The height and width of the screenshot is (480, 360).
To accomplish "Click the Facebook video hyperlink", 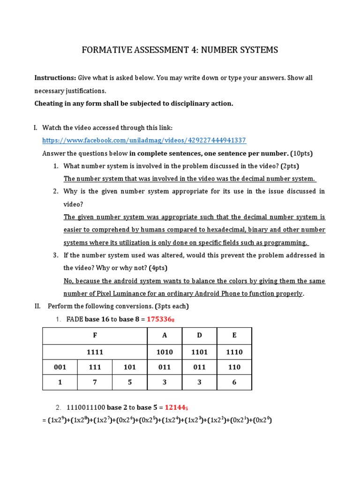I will point(144,140).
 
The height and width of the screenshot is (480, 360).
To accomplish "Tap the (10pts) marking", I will point(301,153).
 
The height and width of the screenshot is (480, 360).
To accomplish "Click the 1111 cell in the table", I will point(95,352).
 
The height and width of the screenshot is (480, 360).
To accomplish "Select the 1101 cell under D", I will point(199,352).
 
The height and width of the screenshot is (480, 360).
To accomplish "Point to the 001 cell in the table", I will point(60,367).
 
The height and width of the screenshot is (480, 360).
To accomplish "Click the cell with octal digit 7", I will point(95,382).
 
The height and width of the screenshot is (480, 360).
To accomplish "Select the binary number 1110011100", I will point(85,408).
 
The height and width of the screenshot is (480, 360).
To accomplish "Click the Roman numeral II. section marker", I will point(37,306).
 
